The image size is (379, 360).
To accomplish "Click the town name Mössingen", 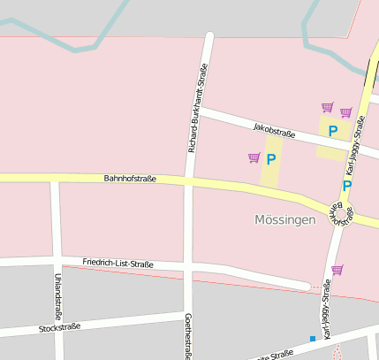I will [x=284, y=219].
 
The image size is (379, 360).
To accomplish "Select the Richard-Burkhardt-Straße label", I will [x=198, y=108].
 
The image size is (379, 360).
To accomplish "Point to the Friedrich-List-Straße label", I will [x=117, y=264].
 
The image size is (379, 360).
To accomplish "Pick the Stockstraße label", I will [x=60, y=328].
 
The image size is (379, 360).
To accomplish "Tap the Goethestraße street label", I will [x=188, y=336].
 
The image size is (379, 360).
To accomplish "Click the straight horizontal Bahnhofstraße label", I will [x=130, y=179].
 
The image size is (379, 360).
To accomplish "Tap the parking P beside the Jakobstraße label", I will [x=333, y=131].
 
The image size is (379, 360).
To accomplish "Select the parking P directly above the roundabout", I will [x=346, y=186].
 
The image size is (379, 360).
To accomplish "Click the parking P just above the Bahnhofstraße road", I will [x=271, y=159].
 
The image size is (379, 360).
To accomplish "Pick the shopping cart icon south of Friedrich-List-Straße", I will [x=337, y=270].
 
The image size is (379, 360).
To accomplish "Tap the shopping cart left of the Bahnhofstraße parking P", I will [x=254, y=158].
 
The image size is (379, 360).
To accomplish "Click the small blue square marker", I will [x=312, y=339].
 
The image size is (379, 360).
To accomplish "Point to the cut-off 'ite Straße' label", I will [x=274, y=355].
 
